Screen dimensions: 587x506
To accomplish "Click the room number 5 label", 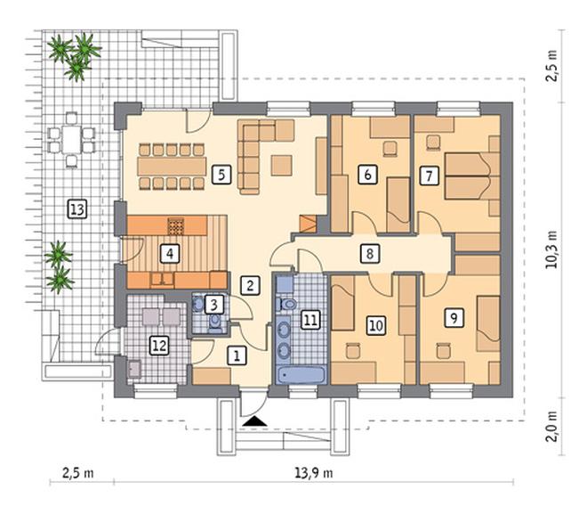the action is (221, 175).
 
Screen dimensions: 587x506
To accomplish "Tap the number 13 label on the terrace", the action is (77, 209).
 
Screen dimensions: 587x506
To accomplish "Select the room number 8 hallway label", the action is (369, 254).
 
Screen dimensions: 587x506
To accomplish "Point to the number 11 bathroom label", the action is (310, 320).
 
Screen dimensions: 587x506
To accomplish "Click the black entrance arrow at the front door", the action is (254, 421).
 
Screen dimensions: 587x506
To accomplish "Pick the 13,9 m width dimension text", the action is (314, 473).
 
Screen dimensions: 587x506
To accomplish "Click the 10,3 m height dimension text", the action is (551, 249).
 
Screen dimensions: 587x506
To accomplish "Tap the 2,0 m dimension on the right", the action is (551, 427).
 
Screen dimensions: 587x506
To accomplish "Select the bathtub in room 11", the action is (301, 375).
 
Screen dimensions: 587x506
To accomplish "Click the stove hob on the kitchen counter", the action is (176, 226).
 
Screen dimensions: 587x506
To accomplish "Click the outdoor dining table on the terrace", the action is (71, 139).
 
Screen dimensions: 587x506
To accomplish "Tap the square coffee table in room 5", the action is (282, 166).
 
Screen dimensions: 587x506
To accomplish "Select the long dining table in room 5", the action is (172, 167).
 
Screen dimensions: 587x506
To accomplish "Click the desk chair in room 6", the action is (390, 147).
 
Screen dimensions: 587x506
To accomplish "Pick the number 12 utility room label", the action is (159, 346).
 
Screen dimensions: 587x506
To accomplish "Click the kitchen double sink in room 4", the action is (162, 279).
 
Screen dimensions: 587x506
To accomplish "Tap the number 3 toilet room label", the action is (213, 305).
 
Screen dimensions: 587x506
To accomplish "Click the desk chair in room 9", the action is (444, 351).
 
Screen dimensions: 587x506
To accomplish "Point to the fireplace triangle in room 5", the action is (308, 224).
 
